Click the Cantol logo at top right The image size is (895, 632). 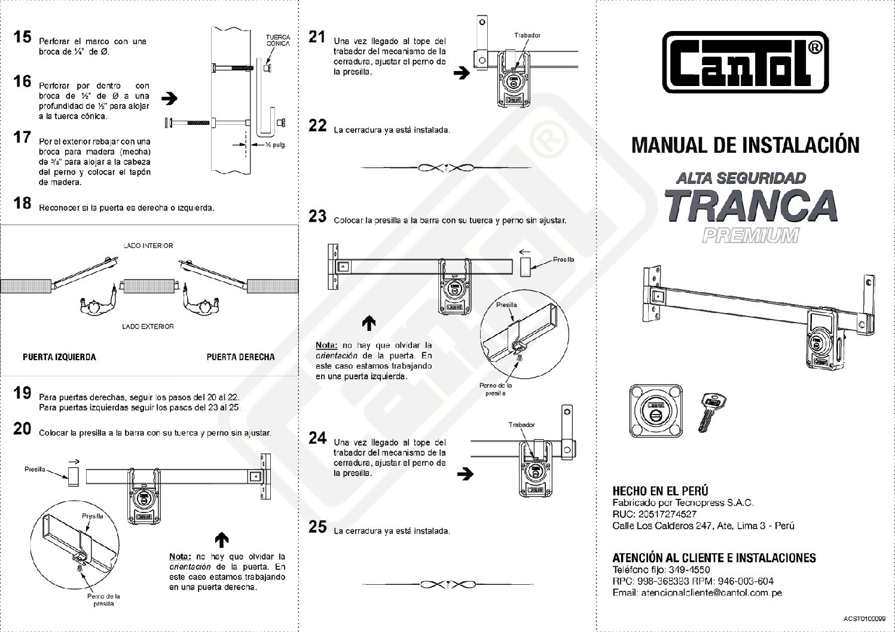coord(745,62)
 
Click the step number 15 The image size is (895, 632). coord(22,37)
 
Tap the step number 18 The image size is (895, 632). coord(22,203)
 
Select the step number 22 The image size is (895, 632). coord(317,125)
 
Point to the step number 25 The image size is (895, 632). coord(317,526)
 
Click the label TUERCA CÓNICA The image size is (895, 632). coord(278,40)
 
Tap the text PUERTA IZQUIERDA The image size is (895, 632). coord(59,357)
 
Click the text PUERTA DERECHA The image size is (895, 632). coord(240,357)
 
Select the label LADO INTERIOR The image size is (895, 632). coord(148,246)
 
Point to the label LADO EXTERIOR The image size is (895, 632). coord(148,326)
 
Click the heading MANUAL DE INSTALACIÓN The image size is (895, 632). coord(745,145)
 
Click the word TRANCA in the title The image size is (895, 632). coord(750,205)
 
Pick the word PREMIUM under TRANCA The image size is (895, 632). coord(750,236)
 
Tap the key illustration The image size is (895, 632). coord(711,410)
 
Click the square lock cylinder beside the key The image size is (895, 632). coord(656,410)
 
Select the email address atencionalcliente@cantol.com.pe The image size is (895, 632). coord(697,593)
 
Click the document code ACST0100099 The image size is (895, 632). coord(865,618)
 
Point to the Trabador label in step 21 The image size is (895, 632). coord(527,35)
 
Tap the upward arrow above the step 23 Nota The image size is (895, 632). coord(369,323)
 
